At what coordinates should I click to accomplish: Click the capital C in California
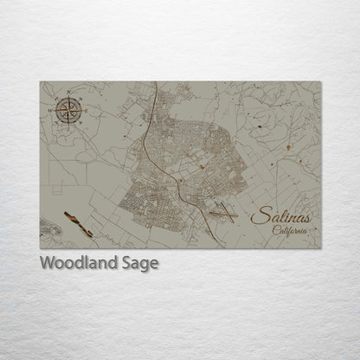click(x=274, y=230)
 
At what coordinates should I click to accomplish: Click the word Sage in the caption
click(x=138, y=264)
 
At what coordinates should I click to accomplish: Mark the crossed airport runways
click(x=222, y=209)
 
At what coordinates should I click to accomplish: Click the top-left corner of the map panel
click(x=40, y=81)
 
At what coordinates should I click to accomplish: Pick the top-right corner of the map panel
click(x=322, y=81)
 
